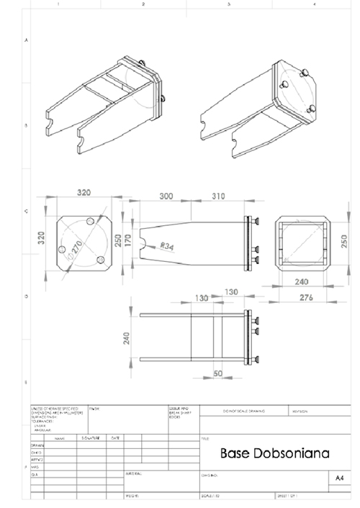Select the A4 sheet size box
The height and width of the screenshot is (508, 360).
pyautogui.click(x=339, y=477)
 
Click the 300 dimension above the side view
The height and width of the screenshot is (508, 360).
pyautogui.click(x=167, y=196)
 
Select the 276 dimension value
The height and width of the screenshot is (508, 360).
pyautogui.click(x=307, y=297)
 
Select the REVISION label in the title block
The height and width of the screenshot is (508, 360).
pyautogui.click(x=298, y=411)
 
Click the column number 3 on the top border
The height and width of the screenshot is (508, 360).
pyautogui.click(x=228, y=5)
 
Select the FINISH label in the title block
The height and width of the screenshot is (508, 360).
pyautogui.click(x=94, y=408)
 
